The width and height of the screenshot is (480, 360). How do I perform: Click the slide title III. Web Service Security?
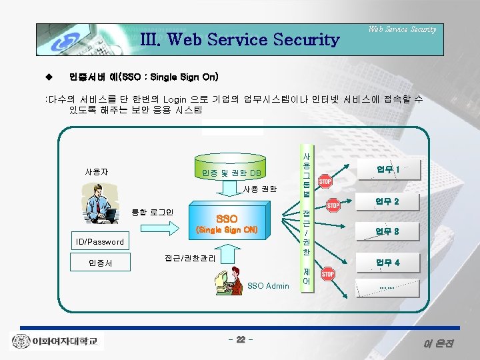(x=239, y=39)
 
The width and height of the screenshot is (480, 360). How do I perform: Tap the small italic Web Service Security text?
(x=403, y=29)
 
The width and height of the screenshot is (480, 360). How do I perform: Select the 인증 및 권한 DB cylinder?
(x=231, y=173)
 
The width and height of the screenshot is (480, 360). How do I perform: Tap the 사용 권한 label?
(x=259, y=189)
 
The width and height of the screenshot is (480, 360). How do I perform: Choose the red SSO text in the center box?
(x=227, y=219)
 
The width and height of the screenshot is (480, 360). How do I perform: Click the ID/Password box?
(x=99, y=241)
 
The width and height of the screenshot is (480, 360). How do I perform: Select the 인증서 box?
(x=100, y=263)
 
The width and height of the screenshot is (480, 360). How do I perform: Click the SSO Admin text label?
(x=268, y=286)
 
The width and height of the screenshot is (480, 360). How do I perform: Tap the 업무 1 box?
(x=387, y=169)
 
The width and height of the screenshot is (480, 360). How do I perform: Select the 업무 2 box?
(x=387, y=201)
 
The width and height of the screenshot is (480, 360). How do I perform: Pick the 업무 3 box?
(x=387, y=231)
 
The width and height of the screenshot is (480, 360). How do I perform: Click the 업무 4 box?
(x=387, y=262)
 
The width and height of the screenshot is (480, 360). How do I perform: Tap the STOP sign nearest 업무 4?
(x=328, y=274)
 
